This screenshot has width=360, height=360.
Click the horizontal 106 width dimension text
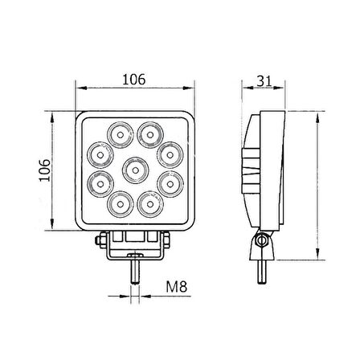click(x=134, y=79)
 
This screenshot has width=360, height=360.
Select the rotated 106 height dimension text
click(x=46, y=170)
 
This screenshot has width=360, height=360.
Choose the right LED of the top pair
click(x=149, y=132)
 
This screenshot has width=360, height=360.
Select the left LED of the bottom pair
click(x=121, y=206)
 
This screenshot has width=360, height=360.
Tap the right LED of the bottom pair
click(x=149, y=206)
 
